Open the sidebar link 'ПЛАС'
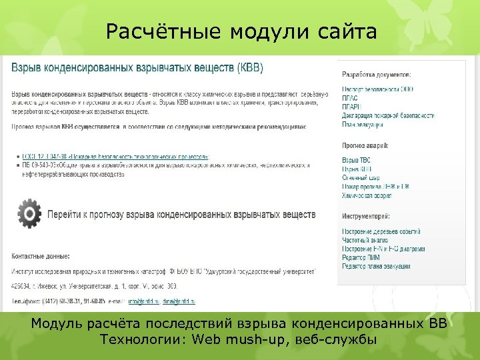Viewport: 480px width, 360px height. (352, 97)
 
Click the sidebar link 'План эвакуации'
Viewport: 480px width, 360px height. (363, 124)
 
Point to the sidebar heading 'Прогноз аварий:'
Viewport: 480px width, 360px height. (365, 145)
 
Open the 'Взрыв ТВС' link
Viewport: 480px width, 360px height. (356, 161)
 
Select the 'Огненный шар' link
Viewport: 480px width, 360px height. (361, 178)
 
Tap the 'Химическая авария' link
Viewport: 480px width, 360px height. (367, 196)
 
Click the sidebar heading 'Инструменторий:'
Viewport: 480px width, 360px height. (366, 216)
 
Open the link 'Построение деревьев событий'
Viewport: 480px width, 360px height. (381, 231)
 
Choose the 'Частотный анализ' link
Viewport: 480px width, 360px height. (365, 240)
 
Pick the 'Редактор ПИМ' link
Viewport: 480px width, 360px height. (361, 257)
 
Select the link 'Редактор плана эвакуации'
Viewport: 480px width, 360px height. (376, 266)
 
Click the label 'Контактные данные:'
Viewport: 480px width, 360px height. (41, 255)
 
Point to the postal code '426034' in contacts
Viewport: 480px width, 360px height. (20, 286)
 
